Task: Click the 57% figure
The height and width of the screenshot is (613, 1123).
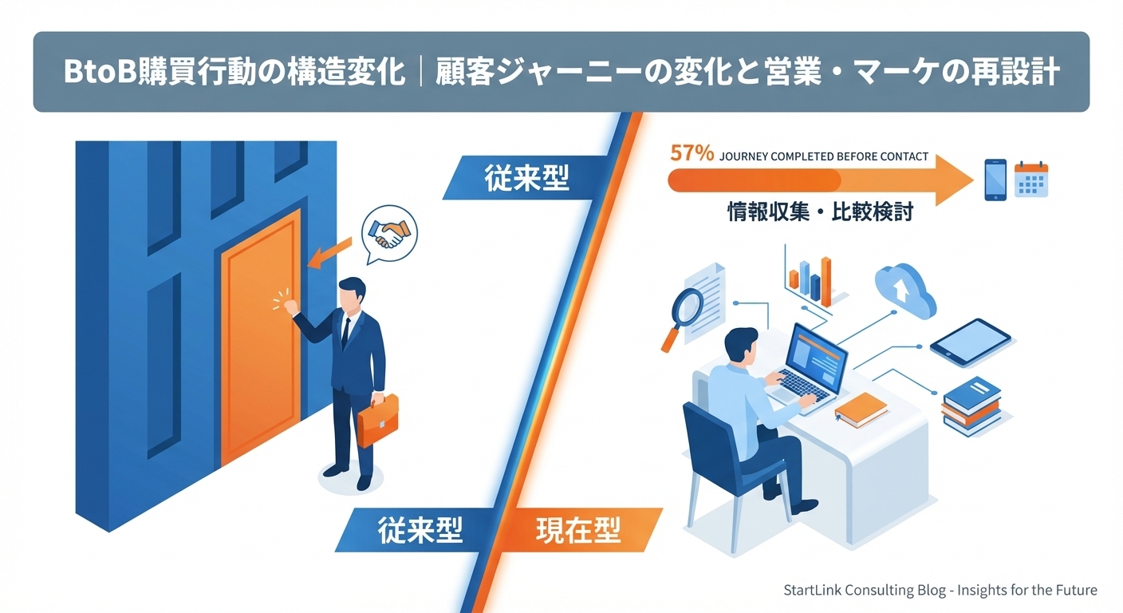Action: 692,153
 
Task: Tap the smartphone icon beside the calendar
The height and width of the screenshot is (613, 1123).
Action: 995,179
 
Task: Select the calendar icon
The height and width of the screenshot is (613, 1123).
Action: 1030,179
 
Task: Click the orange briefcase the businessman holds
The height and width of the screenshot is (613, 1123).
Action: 376,422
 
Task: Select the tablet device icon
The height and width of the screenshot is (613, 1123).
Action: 970,342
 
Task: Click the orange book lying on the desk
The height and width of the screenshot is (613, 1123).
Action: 861,409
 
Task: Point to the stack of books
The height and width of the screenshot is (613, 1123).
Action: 971,405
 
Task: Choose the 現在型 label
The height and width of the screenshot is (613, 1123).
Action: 579,530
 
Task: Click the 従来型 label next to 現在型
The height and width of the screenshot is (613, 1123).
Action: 420,530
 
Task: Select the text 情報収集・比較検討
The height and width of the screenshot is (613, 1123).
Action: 819,212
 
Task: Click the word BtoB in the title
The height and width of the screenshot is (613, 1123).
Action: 100,72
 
